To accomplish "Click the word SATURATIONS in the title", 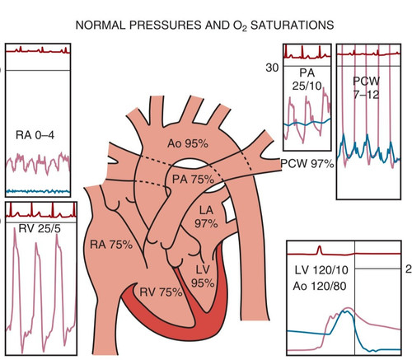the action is tap(293, 26).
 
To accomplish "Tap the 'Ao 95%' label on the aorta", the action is tap(188, 143).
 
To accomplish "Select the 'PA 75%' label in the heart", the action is tap(193, 180).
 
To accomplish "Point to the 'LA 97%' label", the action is tap(206, 217).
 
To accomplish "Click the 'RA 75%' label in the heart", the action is tap(111, 245).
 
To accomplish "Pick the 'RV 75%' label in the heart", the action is tap(161, 292).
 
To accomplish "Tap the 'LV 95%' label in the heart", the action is tap(203, 276).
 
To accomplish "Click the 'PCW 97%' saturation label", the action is tap(307, 164).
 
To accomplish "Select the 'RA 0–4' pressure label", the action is tap(35, 135).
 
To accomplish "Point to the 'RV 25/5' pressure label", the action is tap(40, 228).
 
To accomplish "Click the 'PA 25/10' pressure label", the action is tap(307, 79).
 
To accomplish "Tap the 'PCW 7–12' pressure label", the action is tap(366, 87).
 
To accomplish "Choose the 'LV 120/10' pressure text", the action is tap(321, 270).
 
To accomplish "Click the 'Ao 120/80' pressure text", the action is tap(320, 287).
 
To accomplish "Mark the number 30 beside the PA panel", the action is tap(272, 68).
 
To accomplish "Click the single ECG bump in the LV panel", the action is tap(319, 250).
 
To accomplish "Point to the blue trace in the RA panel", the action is tap(38, 191).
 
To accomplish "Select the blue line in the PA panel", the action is tap(307, 124).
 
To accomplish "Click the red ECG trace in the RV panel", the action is tap(41, 212).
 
